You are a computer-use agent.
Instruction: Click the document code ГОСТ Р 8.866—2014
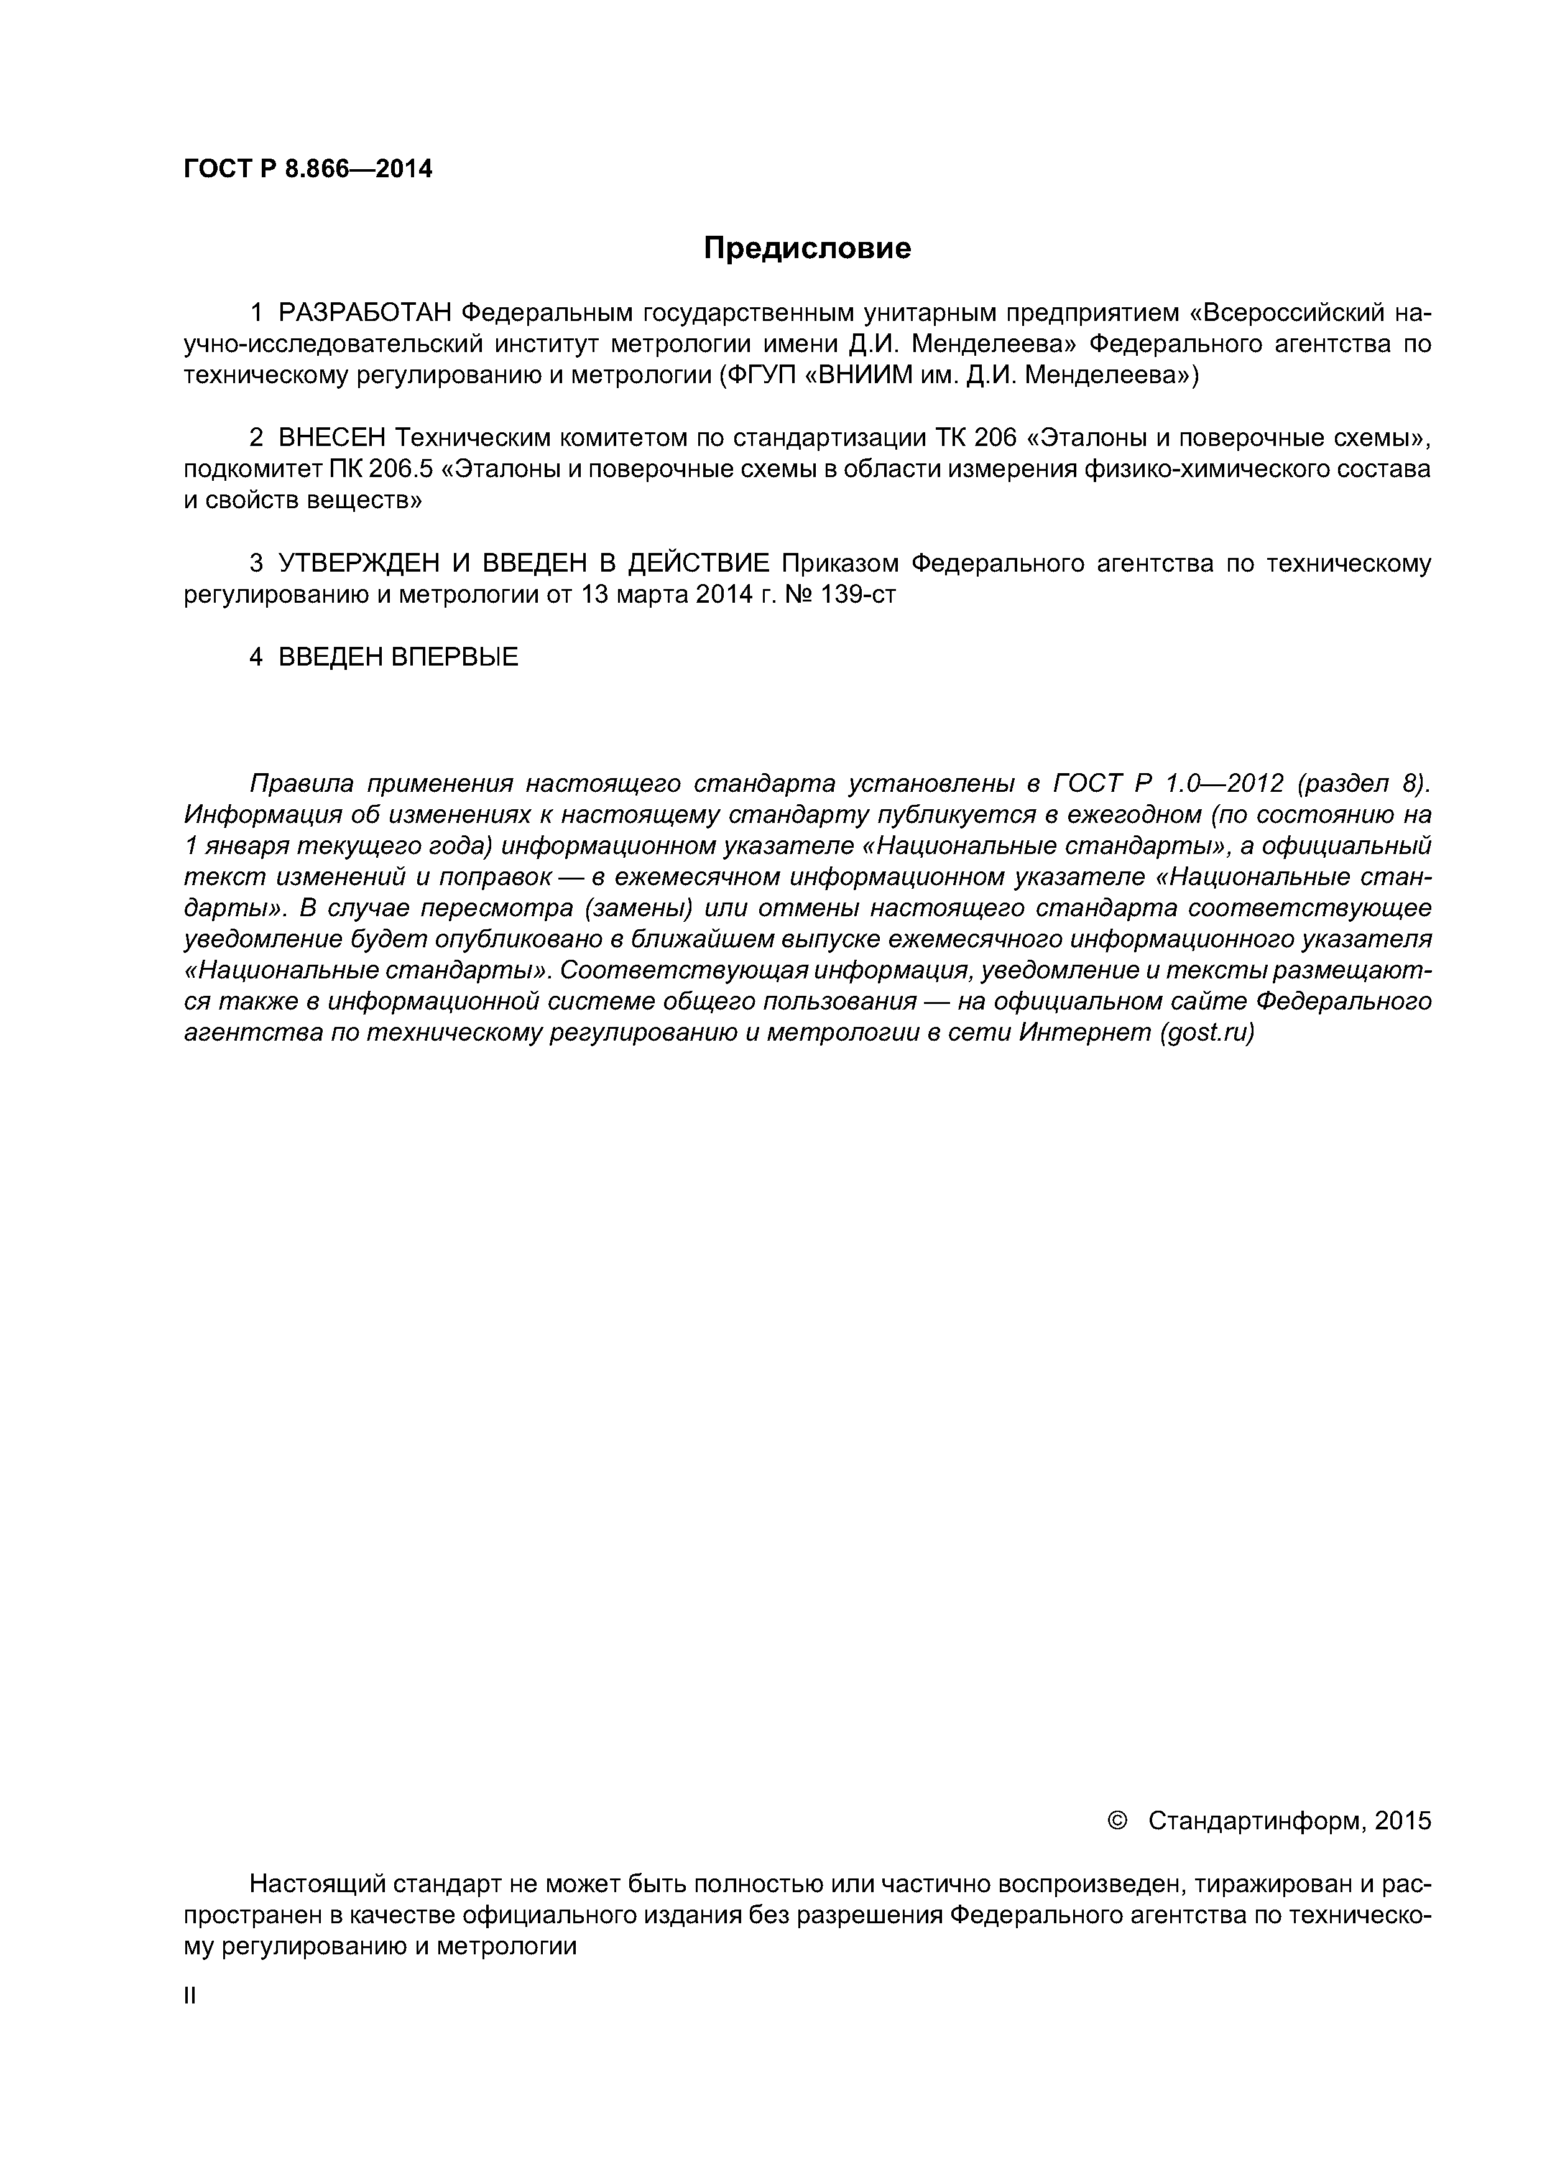308,169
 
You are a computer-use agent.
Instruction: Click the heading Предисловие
806,249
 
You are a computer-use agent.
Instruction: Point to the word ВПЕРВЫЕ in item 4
454,657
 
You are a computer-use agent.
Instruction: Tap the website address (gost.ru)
1207,1033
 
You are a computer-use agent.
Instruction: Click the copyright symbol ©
1118,1821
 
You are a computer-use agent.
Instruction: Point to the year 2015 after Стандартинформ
1402,1821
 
